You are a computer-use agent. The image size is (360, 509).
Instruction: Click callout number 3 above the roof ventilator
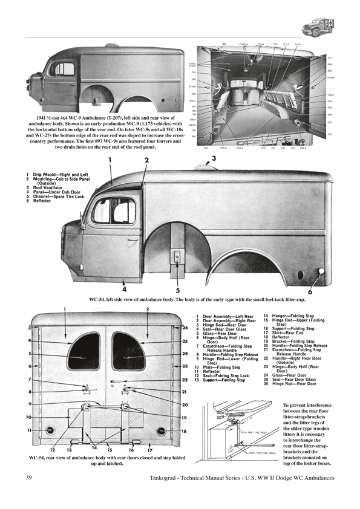pos(212,159)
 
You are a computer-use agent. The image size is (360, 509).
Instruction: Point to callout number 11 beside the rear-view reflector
pos(29,430)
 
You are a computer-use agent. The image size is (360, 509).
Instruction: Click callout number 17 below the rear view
pos(149,450)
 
